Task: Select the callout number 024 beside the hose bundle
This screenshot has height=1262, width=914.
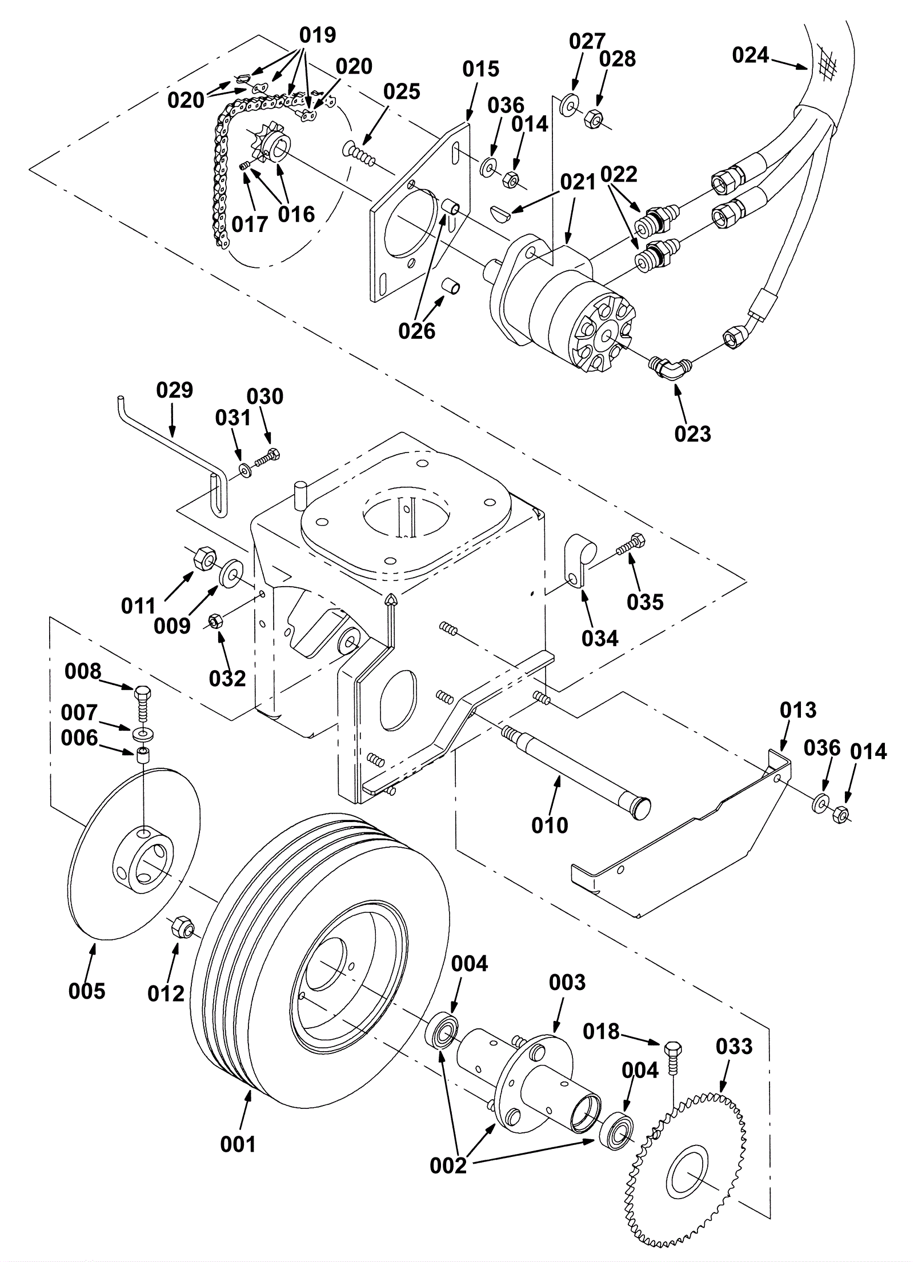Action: (x=751, y=55)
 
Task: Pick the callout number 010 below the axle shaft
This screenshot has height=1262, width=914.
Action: (x=550, y=825)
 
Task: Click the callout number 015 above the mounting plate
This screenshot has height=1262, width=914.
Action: (x=481, y=69)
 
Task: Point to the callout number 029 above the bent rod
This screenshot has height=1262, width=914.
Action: (x=175, y=390)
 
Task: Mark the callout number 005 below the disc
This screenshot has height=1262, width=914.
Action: (x=87, y=991)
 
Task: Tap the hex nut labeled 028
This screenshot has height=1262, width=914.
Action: (x=592, y=118)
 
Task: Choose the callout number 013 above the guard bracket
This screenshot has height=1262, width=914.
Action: (x=798, y=710)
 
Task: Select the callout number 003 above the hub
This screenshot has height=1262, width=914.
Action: (x=567, y=983)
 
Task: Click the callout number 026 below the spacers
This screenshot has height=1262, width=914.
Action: (x=417, y=330)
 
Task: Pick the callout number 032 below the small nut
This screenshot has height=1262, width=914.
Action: (x=227, y=678)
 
